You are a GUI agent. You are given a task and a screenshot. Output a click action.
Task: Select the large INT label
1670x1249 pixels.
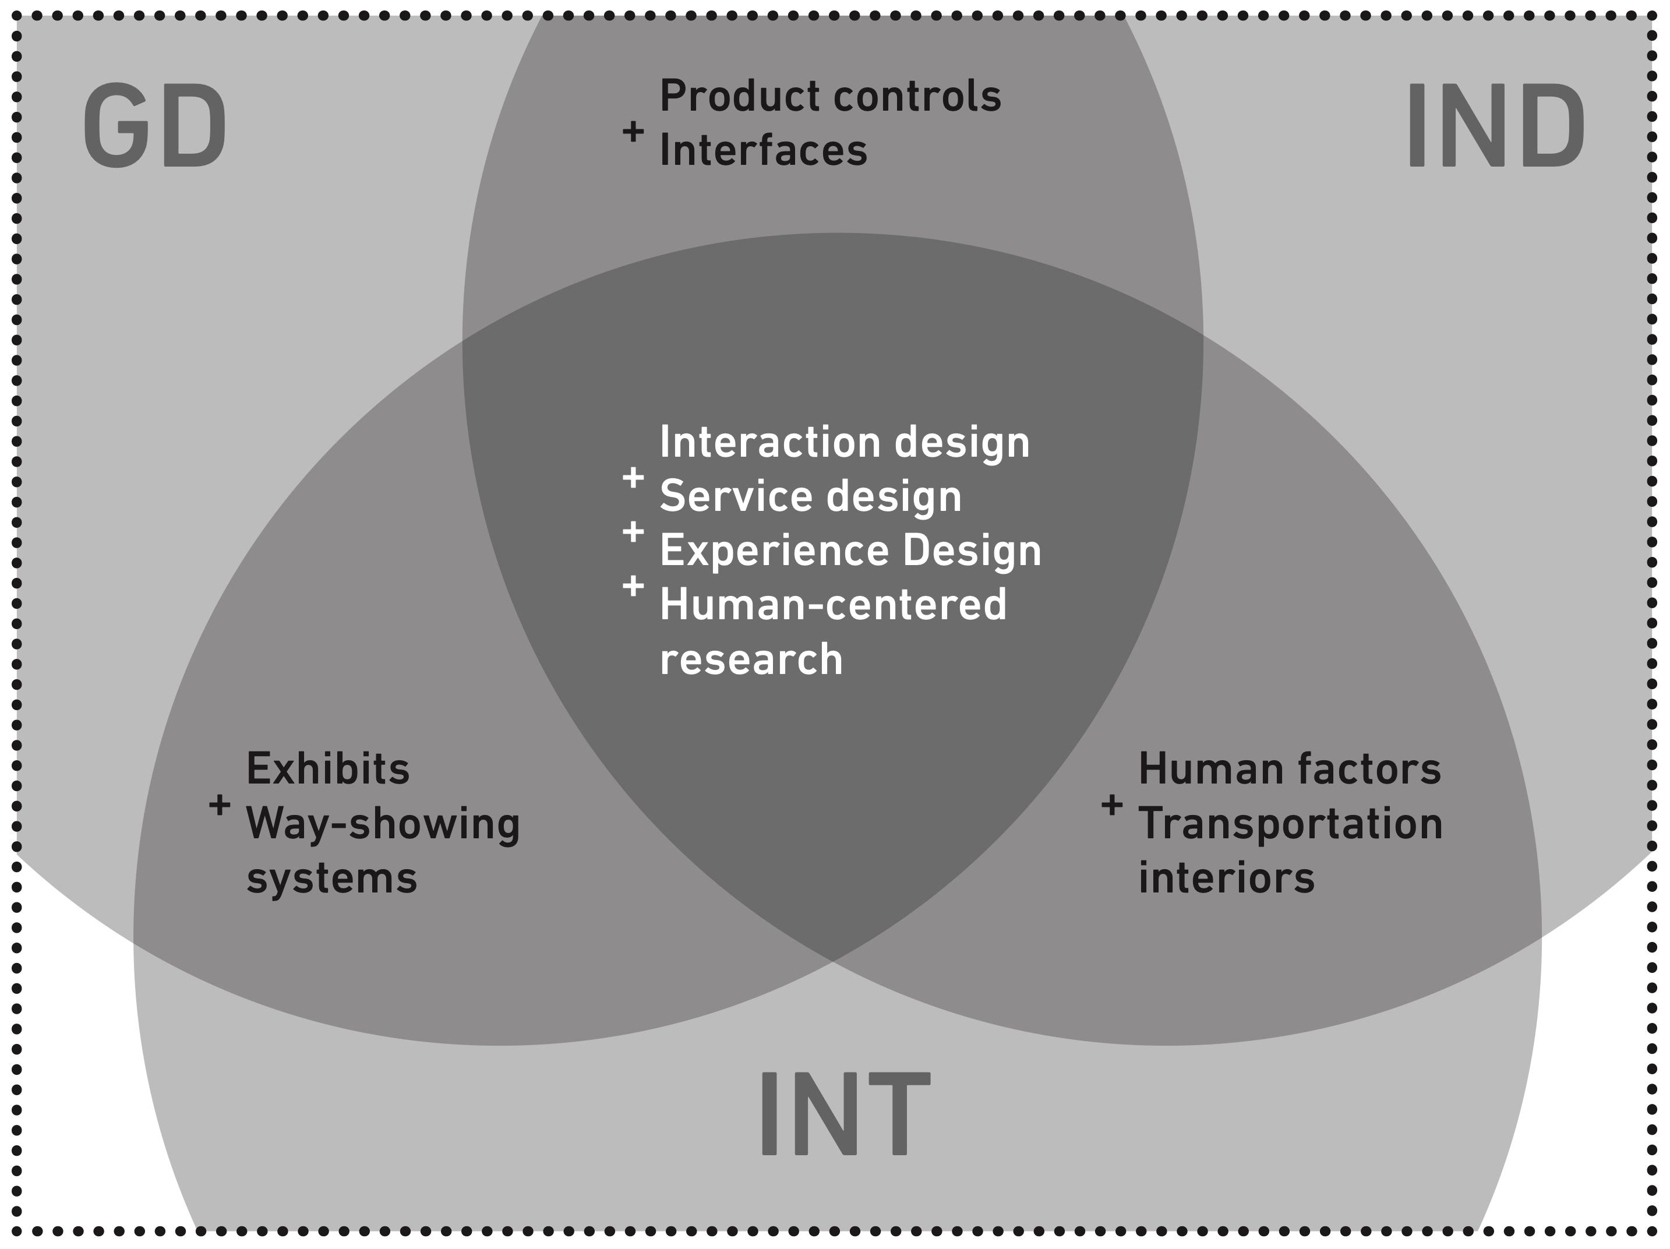pos(843,1113)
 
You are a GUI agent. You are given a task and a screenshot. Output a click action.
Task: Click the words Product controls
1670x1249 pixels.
pos(831,96)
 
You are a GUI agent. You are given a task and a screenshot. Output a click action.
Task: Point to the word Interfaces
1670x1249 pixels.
pos(763,150)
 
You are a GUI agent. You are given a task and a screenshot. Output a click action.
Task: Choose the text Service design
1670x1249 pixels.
pos(811,496)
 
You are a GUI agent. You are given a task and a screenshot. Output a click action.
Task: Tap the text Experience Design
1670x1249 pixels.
pos(850,551)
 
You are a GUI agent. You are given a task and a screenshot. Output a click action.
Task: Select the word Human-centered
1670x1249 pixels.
pos(834,605)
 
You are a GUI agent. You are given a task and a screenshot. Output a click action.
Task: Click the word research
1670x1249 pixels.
pos(751,659)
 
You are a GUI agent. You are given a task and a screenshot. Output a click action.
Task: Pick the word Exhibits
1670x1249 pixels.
pos(328,769)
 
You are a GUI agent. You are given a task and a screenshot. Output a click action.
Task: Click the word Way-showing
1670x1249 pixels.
pos(383,823)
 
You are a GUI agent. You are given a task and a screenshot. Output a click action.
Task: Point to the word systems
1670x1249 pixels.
pos(331,878)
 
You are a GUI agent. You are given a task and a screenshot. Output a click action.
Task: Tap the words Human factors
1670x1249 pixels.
pos(1290,769)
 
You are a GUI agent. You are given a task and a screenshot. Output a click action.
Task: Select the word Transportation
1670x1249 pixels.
pos(1290,823)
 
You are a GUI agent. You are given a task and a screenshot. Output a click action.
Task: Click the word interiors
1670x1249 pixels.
pos(1226,878)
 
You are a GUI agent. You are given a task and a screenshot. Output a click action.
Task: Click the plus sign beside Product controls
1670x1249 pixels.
pos(633,132)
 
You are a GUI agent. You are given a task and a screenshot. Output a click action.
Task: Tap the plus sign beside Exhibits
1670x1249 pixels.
pos(220,805)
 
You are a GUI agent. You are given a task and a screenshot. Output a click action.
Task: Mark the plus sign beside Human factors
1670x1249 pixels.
pos(1111,805)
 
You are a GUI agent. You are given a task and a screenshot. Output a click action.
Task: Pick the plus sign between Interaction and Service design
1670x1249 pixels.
pos(633,477)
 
